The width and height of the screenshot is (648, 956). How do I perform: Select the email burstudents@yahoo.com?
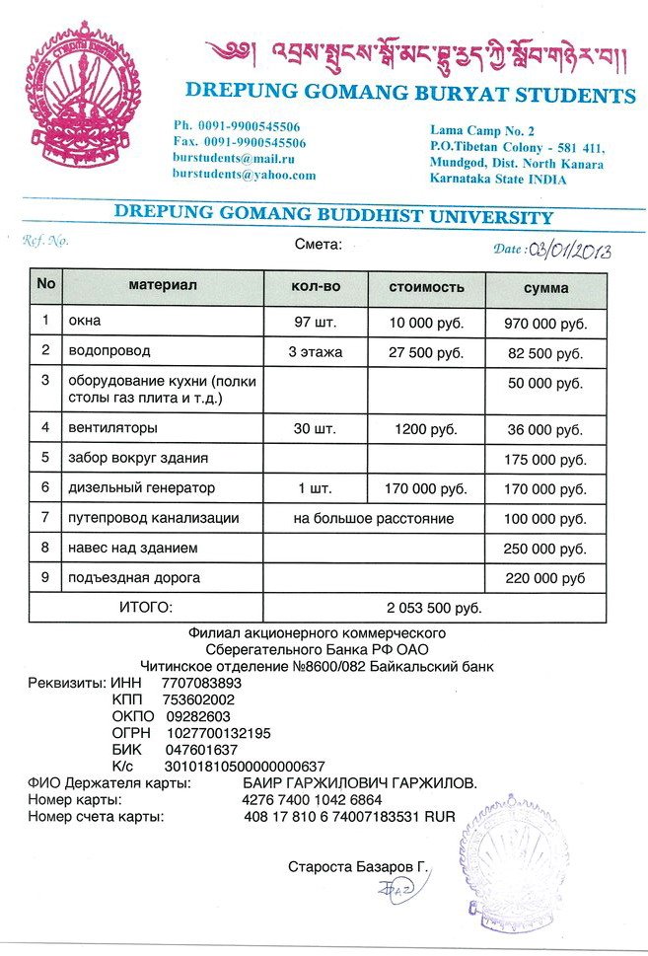[x=244, y=175]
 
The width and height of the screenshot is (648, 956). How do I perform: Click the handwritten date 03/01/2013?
[x=570, y=250]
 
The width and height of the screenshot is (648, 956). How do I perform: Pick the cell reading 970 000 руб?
[x=545, y=323]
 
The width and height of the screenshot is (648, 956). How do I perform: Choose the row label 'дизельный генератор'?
[x=141, y=487]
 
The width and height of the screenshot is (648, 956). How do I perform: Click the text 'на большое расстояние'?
[x=374, y=518]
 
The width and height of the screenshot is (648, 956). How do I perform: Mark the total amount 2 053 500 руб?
[x=434, y=608]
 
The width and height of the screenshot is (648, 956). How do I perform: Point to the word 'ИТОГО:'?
[x=145, y=608]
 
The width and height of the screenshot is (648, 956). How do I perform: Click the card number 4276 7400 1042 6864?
[x=312, y=799]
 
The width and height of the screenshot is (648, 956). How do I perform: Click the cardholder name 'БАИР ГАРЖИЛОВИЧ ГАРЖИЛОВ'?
[x=359, y=782]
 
